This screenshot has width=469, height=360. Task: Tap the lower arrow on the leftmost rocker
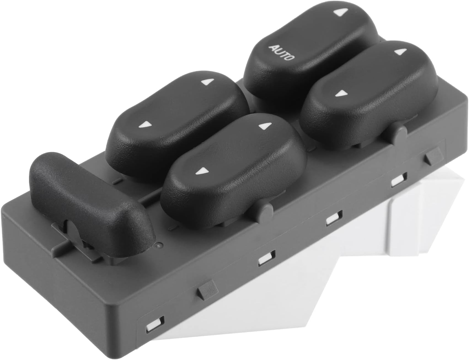[x=144, y=125]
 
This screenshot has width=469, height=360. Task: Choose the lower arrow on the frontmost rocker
[x=200, y=172]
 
